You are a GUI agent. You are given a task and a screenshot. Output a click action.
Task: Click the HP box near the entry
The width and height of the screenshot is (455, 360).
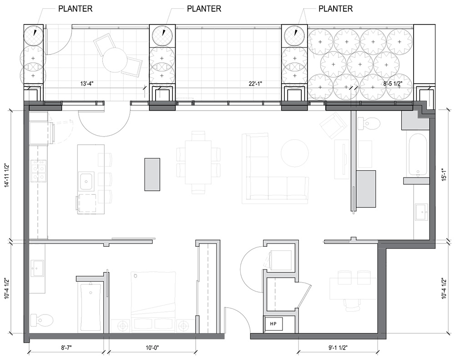(273, 324)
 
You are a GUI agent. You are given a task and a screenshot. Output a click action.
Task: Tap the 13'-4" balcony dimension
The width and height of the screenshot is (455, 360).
(87, 84)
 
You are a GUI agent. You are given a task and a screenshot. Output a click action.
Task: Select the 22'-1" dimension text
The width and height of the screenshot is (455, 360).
(255, 84)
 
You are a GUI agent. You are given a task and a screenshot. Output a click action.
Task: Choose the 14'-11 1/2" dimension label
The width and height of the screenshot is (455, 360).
(7, 176)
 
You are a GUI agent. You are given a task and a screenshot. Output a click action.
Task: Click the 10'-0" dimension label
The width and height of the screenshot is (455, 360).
(152, 347)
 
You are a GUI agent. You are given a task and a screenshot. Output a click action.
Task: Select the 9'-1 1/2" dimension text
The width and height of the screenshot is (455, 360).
(338, 347)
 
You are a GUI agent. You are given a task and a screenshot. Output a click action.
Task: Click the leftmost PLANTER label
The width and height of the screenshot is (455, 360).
(76, 9)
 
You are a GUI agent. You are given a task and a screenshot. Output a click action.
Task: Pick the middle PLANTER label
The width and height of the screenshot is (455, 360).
(204, 9)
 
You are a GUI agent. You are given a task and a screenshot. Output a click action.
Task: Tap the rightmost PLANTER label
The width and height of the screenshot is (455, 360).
(336, 9)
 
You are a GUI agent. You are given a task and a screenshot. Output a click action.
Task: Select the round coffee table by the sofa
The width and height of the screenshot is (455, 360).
(294, 153)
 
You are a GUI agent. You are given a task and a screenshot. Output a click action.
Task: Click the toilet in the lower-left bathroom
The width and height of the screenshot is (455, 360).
(42, 320)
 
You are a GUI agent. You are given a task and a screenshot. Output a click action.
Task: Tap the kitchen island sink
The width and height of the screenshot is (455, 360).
(86, 181)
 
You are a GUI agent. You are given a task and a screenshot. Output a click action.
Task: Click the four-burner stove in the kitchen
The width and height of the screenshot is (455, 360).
(39, 171)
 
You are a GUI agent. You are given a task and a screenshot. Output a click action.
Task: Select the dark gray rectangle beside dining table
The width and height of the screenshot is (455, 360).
(152, 174)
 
